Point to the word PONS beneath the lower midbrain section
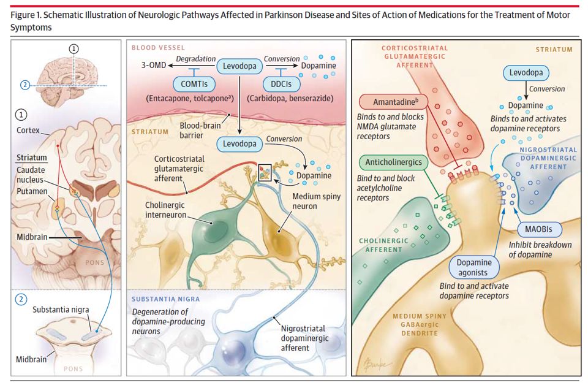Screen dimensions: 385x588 (73, 369)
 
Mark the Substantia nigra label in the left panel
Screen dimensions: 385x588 (53, 311)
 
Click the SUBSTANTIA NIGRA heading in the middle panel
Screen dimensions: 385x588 (165, 299)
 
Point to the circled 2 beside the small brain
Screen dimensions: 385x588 (24, 85)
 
